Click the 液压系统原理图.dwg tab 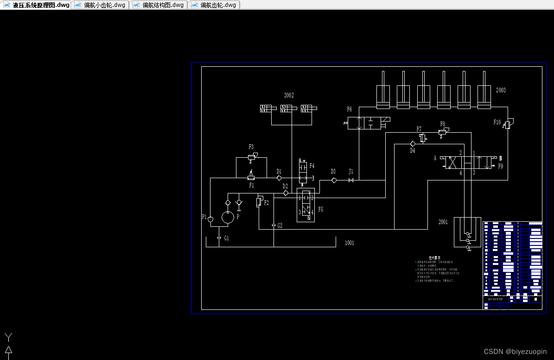[x=37, y=5]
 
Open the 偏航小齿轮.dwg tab [x=101, y=5]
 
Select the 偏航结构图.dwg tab [x=159, y=5]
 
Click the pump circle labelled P [x=228, y=217]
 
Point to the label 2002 [x=289, y=96]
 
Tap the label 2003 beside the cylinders [x=501, y=90]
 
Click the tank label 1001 [x=350, y=243]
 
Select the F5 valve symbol [x=306, y=205]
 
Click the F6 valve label [x=350, y=109]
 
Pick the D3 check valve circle [x=334, y=180]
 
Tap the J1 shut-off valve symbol [x=351, y=180]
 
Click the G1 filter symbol [x=219, y=238]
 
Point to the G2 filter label [x=280, y=226]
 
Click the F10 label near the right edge [x=497, y=122]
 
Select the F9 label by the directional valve [x=501, y=166]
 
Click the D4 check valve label [x=412, y=151]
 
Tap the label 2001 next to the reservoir [x=443, y=222]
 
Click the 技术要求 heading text [x=434, y=258]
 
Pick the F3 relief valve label [x=251, y=147]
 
